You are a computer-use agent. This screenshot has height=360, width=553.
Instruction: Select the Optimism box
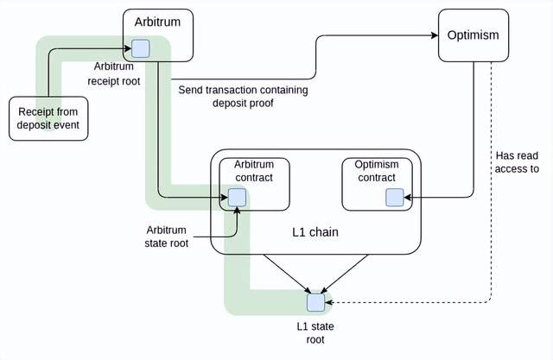pyautogui.click(x=473, y=35)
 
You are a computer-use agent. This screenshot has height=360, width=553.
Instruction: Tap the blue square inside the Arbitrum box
pyautogui.click(x=141, y=47)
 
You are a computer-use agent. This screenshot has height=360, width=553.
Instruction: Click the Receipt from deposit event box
pyautogui.click(x=48, y=117)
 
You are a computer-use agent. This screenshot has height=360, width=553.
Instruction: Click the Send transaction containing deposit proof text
pyautogui.click(x=243, y=97)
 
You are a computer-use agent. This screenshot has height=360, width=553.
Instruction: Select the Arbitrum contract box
pyautogui.click(x=253, y=184)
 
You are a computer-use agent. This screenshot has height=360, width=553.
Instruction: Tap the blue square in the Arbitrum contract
pyautogui.click(x=236, y=198)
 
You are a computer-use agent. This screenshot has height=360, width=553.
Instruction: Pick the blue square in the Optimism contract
pyautogui.click(x=395, y=198)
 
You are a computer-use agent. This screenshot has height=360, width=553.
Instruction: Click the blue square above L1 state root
pyautogui.click(x=316, y=302)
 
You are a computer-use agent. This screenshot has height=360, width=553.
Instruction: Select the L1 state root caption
pyautogui.click(x=315, y=332)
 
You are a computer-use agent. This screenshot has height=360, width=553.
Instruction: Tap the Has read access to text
pyautogui.click(x=518, y=162)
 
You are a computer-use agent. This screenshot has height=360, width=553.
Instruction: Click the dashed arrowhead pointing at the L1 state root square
pyautogui.click(x=330, y=302)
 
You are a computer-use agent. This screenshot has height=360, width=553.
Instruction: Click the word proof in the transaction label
pyautogui.click(x=260, y=104)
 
